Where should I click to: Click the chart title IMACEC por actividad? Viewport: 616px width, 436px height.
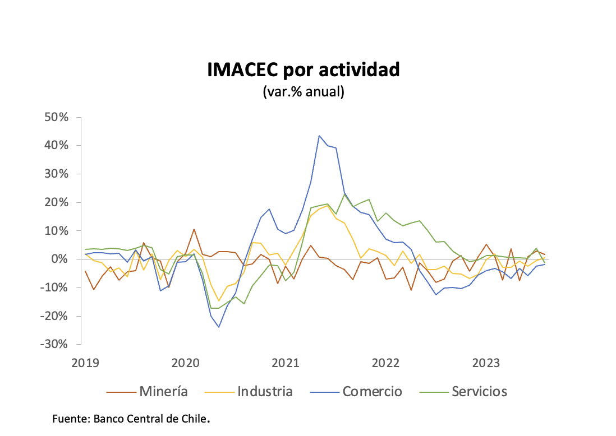(x=304, y=70)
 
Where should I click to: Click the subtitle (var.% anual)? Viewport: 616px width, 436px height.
(x=304, y=92)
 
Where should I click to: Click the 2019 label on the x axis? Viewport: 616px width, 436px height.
(x=85, y=363)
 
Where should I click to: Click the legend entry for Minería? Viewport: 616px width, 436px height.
(x=163, y=391)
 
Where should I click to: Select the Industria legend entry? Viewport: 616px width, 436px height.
(x=265, y=391)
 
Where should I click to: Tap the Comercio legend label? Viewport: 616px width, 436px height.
(x=372, y=391)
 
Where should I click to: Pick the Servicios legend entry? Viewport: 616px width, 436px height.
(x=479, y=391)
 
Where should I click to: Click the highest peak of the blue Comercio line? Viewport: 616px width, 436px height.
(x=319, y=136)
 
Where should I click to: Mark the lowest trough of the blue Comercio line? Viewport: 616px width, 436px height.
(x=219, y=327)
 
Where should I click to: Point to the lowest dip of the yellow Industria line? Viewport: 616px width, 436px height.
(x=219, y=301)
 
